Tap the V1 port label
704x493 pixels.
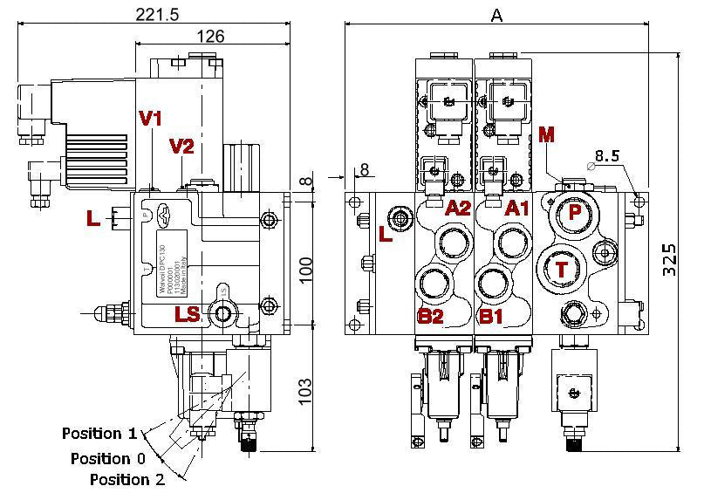coord(151,118)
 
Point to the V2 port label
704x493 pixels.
coord(181,146)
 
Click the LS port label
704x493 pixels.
coord(188,314)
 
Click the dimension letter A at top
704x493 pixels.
coord(496,15)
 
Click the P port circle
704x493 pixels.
coord(575,212)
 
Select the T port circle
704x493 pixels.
coord(562,270)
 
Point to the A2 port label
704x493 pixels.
coord(458,208)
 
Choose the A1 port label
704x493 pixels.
coord(518,208)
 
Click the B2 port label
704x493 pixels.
coord(431,316)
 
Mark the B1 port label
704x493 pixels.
coord(492,316)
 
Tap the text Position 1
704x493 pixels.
coord(99,434)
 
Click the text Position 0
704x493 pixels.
coord(107,459)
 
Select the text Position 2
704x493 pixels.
coord(127,479)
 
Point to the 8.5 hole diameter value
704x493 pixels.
coord(607,157)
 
